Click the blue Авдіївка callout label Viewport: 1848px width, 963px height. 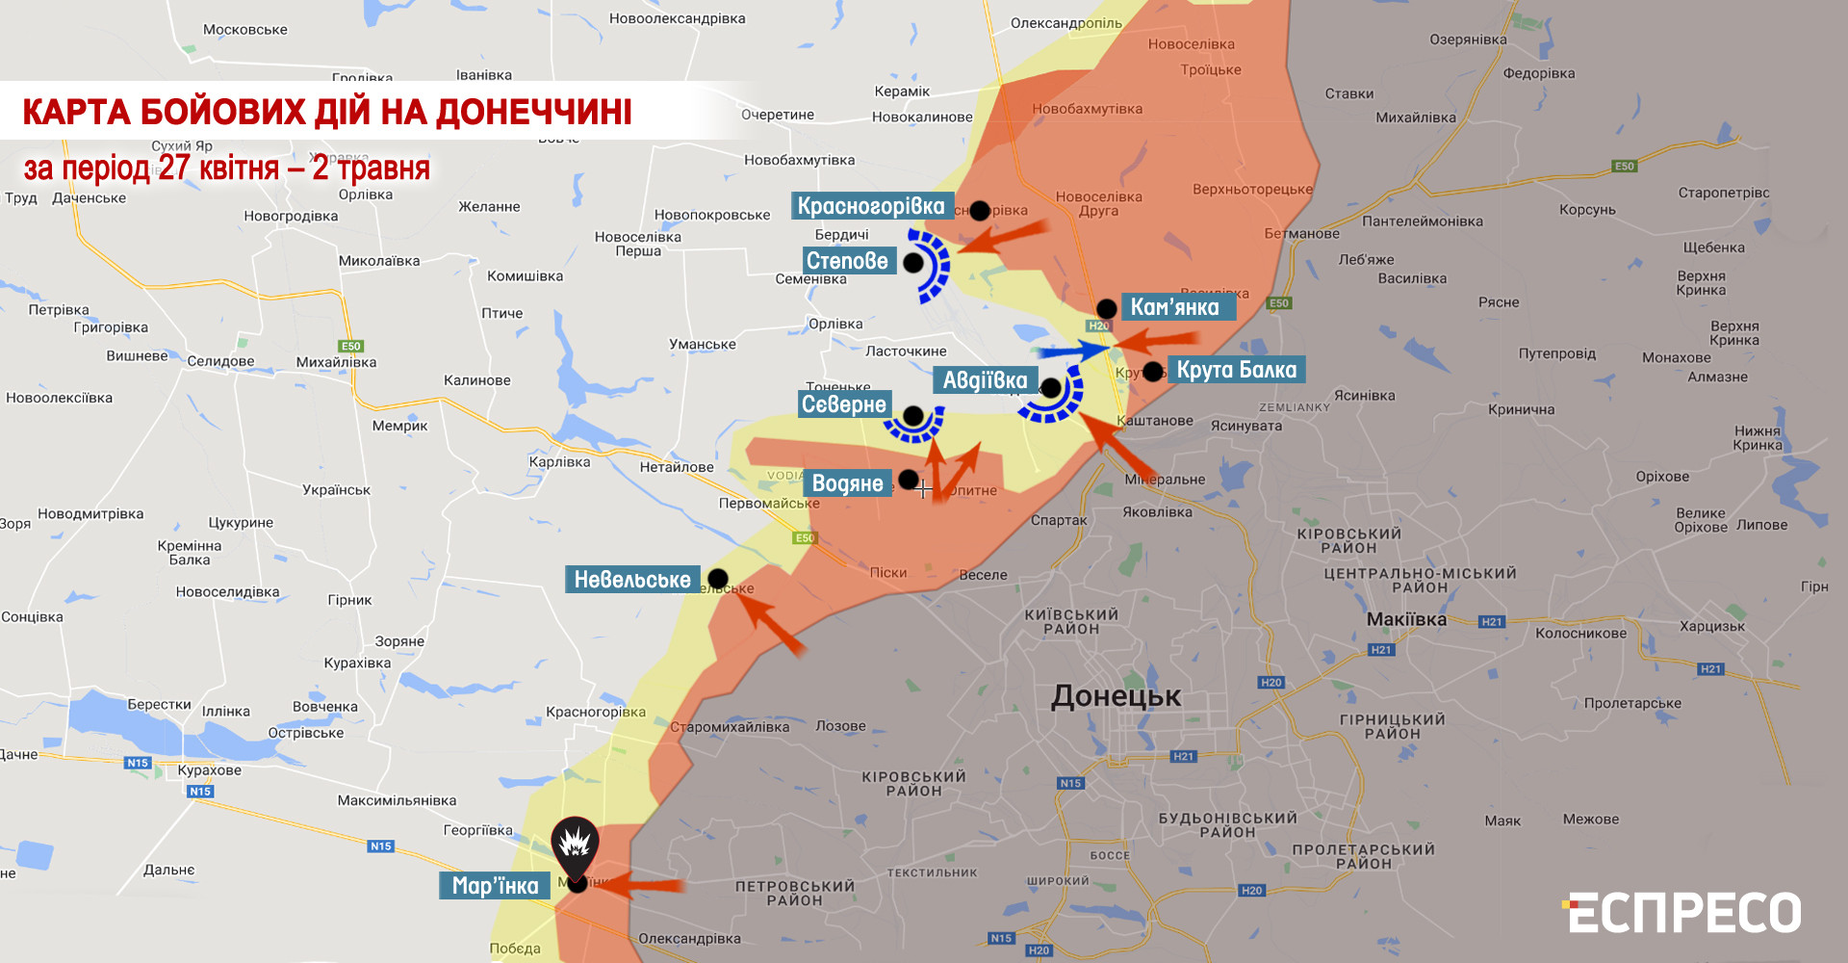[x=985, y=380]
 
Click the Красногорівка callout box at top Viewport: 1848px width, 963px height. [x=871, y=206]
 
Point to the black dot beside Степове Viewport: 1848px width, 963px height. [x=913, y=262]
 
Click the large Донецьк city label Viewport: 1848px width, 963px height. [x=1116, y=696]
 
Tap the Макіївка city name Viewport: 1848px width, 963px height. [x=1406, y=619]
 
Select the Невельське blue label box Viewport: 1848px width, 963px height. [x=632, y=580]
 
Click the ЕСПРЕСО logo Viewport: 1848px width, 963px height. [x=1683, y=913]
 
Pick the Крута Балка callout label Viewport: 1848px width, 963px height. [x=1236, y=370]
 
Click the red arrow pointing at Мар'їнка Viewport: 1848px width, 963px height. [x=640, y=885]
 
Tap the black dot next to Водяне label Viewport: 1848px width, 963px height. [x=908, y=479]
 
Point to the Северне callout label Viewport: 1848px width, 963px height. [x=844, y=404]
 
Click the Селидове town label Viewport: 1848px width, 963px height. [x=220, y=361]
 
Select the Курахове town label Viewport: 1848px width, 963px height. [x=209, y=770]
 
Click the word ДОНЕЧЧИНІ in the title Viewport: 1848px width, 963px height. [x=534, y=112]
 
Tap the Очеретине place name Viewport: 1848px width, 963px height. [x=778, y=115]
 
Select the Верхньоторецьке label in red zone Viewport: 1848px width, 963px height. [x=1252, y=190]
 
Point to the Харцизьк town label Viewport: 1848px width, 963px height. [x=1711, y=626]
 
